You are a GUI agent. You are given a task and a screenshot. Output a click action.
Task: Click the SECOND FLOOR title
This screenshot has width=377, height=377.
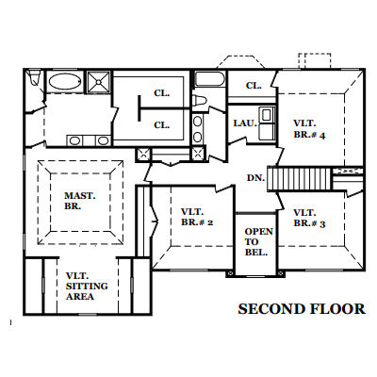[x=302, y=309]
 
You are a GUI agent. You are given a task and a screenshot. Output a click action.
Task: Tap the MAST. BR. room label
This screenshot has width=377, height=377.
[x=80, y=201]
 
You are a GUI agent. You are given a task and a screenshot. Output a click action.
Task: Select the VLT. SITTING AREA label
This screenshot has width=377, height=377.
[x=87, y=287]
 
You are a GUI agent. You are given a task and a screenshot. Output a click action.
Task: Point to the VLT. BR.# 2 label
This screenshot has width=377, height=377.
[x=197, y=217]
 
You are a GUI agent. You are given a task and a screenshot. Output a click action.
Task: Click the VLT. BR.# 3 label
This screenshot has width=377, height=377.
[x=309, y=219]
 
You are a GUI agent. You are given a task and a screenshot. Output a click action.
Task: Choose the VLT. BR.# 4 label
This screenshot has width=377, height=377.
[x=309, y=129]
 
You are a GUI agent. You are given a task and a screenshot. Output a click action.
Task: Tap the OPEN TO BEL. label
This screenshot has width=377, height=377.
[x=258, y=242]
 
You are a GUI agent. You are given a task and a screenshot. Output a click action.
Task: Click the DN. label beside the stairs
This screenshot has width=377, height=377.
[x=255, y=178]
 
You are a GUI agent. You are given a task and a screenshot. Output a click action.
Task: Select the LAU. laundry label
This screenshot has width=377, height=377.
[x=245, y=123]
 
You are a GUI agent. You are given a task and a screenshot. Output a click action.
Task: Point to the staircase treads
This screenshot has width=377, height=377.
[x=299, y=179]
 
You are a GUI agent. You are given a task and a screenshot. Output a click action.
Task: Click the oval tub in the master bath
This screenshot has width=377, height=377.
[x=65, y=81]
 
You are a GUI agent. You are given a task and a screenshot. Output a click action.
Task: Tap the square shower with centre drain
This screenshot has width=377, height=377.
[x=99, y=82]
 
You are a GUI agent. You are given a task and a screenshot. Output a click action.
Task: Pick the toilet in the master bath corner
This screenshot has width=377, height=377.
[x=34, y=77]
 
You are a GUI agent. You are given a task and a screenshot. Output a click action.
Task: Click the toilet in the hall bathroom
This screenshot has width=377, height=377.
[x=199, y=101]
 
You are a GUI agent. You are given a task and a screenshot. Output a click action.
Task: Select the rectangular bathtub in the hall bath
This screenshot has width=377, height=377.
[x=209, y=79]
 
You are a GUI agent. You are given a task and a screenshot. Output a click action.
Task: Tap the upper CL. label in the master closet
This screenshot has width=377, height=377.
[x=162, y=93]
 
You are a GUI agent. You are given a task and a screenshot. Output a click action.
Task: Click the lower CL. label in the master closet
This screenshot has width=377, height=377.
[x=162, y=125]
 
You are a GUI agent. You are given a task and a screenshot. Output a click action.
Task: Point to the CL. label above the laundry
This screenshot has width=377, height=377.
[x=254, y=86]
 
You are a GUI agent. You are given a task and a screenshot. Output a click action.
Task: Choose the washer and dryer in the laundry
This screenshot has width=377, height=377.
[x=267, y=123]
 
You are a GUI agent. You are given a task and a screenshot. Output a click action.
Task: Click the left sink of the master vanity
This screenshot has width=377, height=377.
[x=74, y=140]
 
